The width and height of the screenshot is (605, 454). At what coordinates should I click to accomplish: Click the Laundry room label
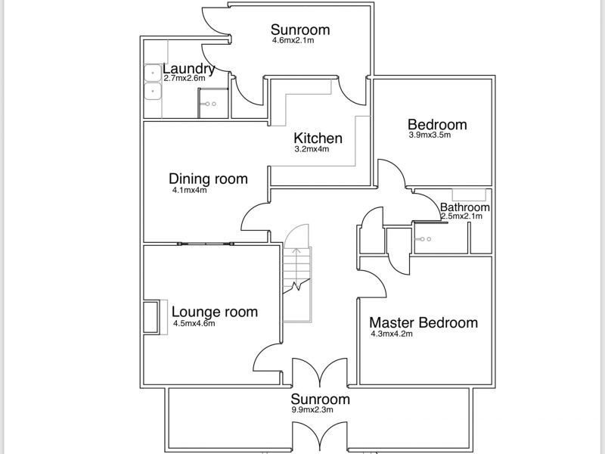188,69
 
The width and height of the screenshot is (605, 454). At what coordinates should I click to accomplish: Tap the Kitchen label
318,138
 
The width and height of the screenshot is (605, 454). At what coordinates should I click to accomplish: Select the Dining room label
209,179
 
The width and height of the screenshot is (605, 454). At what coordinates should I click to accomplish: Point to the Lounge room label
215,312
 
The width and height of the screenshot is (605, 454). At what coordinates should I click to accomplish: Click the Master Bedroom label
423,322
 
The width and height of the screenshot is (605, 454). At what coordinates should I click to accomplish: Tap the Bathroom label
465,207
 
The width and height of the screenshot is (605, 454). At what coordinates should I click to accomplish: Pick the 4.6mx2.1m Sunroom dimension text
293,40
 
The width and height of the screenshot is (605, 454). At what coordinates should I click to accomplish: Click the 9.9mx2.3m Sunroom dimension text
312,409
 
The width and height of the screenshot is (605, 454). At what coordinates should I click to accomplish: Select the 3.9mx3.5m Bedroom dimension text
430,135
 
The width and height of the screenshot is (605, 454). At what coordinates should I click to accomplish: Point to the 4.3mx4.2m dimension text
392,334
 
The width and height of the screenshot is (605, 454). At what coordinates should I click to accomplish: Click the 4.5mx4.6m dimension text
194,324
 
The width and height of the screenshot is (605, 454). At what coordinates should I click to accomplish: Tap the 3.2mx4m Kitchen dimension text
312,149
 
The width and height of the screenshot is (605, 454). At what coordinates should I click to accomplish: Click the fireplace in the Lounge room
150,317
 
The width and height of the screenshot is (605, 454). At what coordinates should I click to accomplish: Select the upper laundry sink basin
153,73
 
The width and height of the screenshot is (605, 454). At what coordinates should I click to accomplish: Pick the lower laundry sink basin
153,91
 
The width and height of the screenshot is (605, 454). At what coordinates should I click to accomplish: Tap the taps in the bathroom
425,239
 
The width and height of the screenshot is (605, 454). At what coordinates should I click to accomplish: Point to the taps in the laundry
211,104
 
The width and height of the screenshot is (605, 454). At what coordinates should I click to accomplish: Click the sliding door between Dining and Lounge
206,244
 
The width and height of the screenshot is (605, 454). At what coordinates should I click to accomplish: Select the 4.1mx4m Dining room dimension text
190,190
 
